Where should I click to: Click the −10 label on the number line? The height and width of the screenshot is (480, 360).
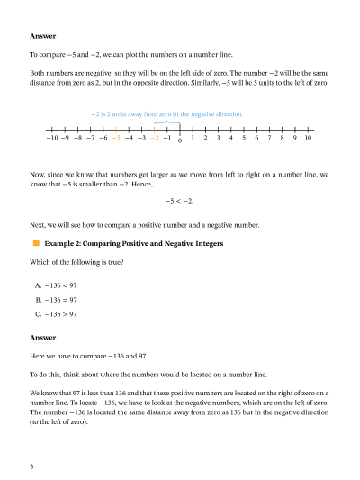pyautogui.click(x=51, y=139)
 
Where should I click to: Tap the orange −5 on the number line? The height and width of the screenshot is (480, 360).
pyautogui.click(x=116, y=139)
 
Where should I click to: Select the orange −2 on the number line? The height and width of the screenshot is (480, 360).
pyautogui.click(x=154, y=139)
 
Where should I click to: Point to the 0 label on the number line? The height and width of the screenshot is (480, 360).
pyautogui.click(x=180, y=141)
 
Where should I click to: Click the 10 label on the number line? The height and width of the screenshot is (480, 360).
pyautogui.click(x=308, y=139)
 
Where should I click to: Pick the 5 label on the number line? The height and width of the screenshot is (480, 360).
pyautogui.click(x=244, y=139)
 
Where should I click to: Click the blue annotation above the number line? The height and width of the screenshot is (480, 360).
pyautogui.click(x=166, y=114)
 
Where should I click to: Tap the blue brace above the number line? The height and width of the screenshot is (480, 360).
pyautogui.click(x=166, y=122)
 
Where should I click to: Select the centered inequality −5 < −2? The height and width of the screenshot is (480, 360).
pyautogui.click(x=180, y=201)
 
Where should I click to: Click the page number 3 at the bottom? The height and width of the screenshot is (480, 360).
pyautogui.click(x=31, y=466)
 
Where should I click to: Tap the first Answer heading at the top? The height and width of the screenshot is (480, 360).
pyautogui.click(x=42, y=36)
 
